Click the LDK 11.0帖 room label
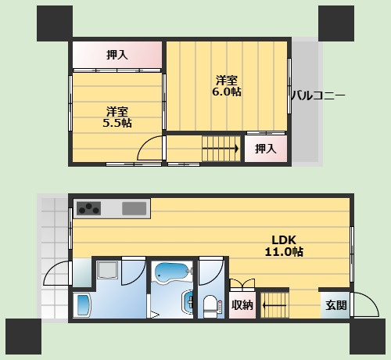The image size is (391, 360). coord(284,246)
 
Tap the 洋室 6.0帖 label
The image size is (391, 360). coord(227,86)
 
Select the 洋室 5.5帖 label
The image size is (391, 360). coord(117,117)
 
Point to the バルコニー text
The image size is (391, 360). coord(318,95)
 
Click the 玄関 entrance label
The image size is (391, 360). coord(336,305)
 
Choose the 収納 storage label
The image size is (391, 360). coord(242,305)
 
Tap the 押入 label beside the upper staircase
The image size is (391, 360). coord(265,149)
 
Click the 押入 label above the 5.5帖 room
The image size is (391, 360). coord(117,55)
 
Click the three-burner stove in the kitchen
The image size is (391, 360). coord(88,208)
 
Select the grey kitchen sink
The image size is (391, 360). coord(134,208)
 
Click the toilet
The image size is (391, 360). coord(210,307)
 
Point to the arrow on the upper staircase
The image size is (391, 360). coord(221,149)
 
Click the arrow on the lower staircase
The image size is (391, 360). coord(274,305)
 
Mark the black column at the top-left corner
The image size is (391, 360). coord(55,23)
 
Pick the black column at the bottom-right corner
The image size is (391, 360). coord(368,337)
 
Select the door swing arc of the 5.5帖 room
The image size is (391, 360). coord(142,144)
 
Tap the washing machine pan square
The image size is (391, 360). coord(107,272)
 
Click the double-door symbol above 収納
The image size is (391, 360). coord(242,285)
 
